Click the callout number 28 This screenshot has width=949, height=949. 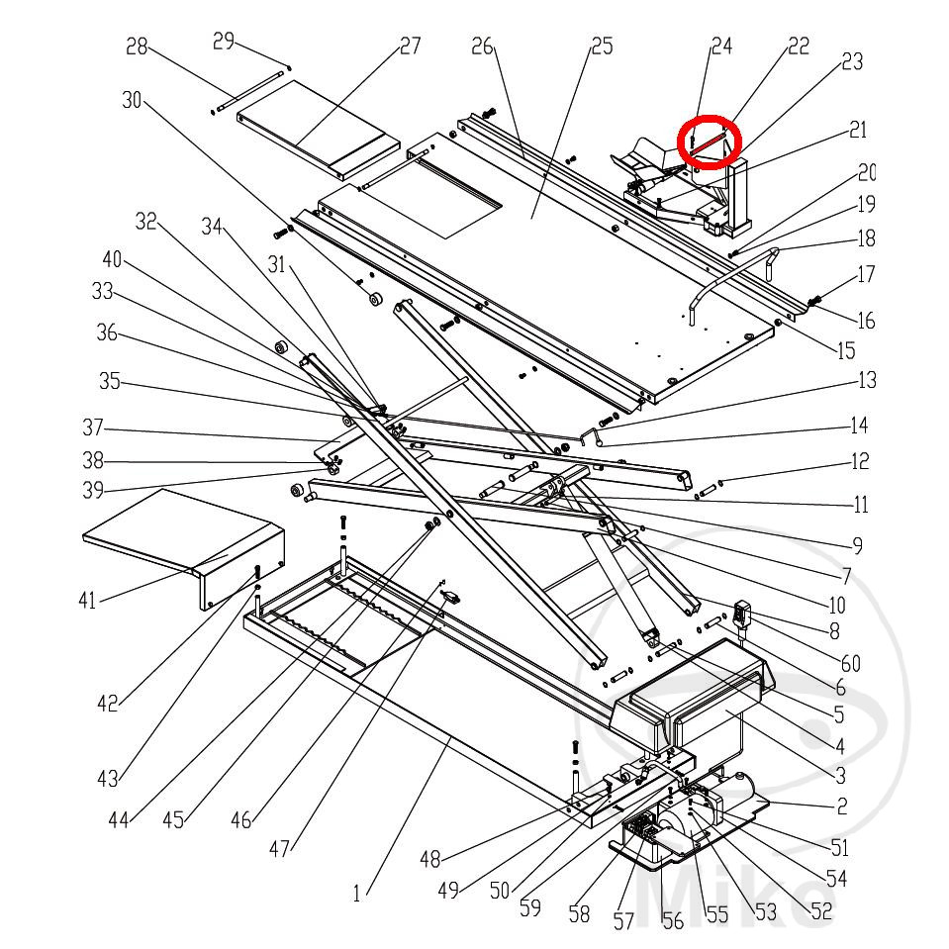(137, 47)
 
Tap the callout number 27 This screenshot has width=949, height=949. (410, 46)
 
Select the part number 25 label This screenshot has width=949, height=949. (601, 47)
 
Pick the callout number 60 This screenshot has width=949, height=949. (851, 664)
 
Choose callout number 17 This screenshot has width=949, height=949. (866, 275)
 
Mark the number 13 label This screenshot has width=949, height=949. (867, 380)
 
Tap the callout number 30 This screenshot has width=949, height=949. (133, 100)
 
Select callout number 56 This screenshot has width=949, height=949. (673, 921)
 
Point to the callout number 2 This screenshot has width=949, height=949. (841, 807)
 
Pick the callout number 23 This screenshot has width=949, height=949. (851, 61)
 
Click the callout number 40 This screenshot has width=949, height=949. (113, 259)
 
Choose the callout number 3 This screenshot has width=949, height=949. (839, 775)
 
